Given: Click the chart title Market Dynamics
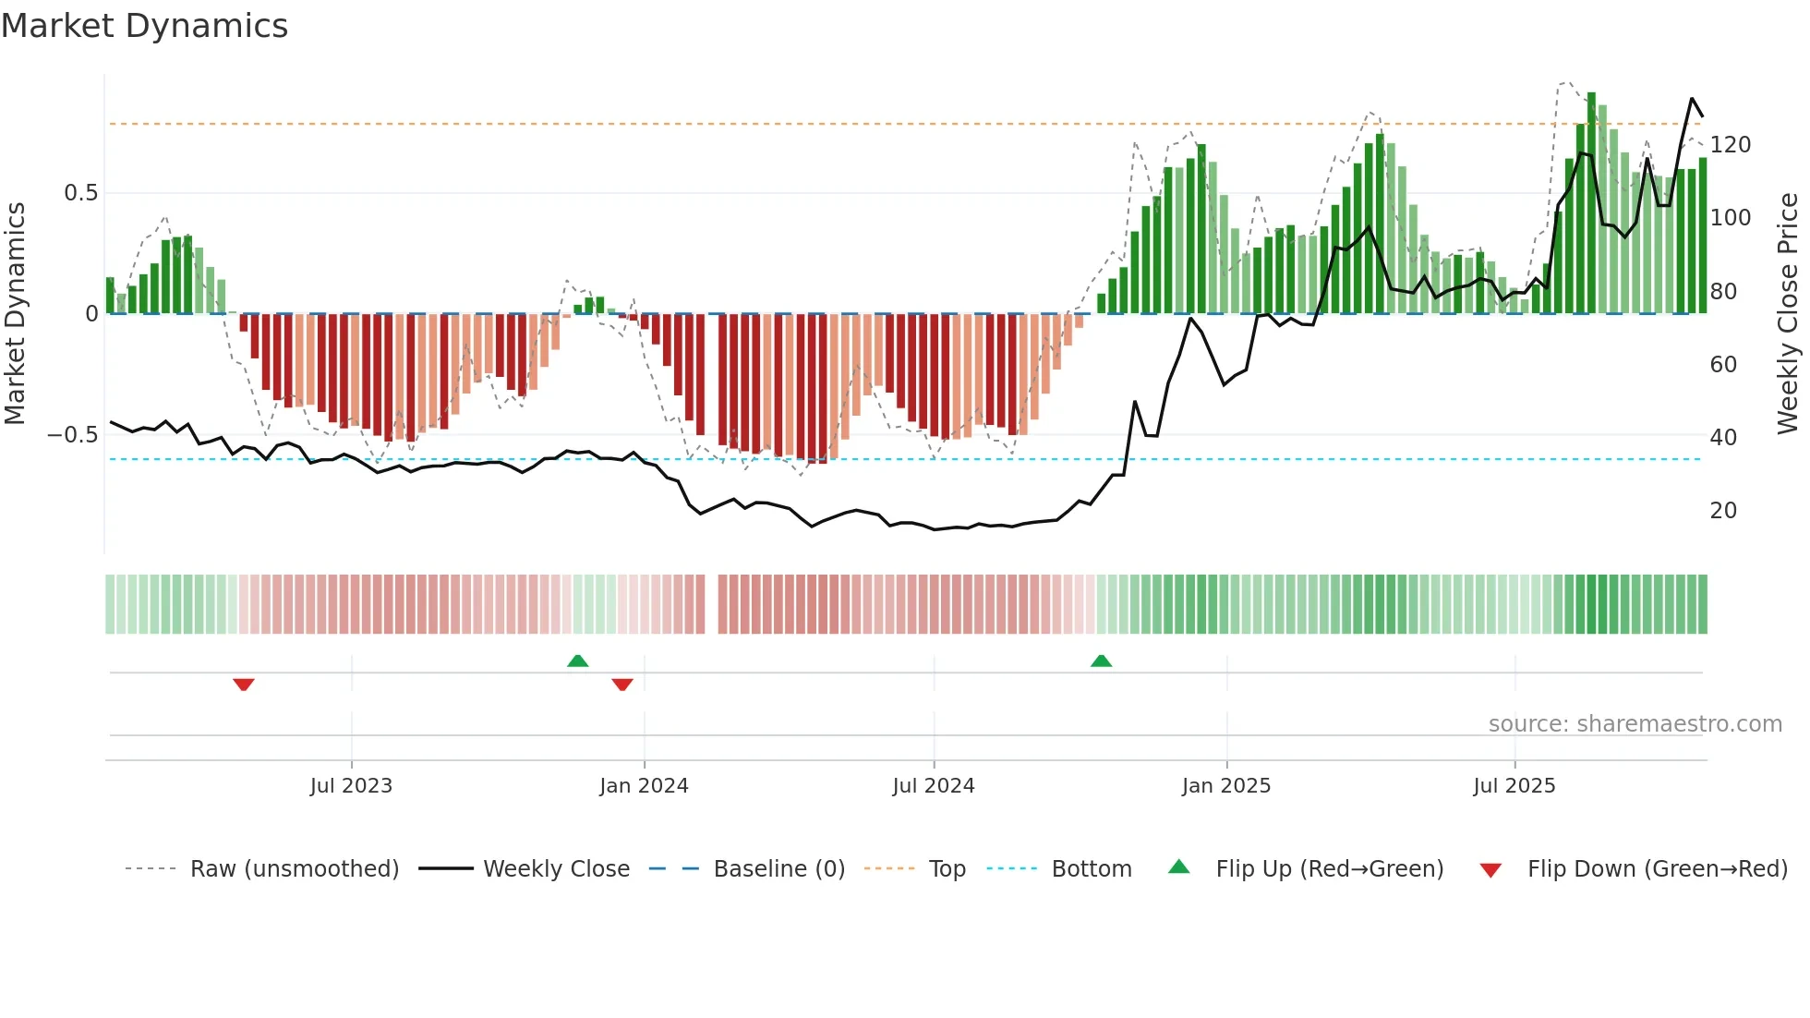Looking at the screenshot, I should (144, 26).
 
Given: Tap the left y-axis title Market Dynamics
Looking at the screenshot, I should (15, 313).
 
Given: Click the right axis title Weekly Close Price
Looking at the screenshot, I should (1788, 313).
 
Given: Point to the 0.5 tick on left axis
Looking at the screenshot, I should (80, 193).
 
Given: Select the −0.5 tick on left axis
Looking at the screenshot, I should (73, 435).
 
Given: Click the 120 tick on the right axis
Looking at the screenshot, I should (1730, 145).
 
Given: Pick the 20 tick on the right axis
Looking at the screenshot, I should (1722, 511).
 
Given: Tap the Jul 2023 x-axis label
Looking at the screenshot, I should (351, 786).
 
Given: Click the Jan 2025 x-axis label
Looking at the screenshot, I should (1225, 786).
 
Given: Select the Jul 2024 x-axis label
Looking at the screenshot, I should (933, 786).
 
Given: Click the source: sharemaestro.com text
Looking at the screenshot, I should (1635, 724).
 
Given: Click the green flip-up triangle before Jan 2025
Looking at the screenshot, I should (1101, 660).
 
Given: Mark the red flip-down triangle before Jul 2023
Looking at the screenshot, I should (244, 685).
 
